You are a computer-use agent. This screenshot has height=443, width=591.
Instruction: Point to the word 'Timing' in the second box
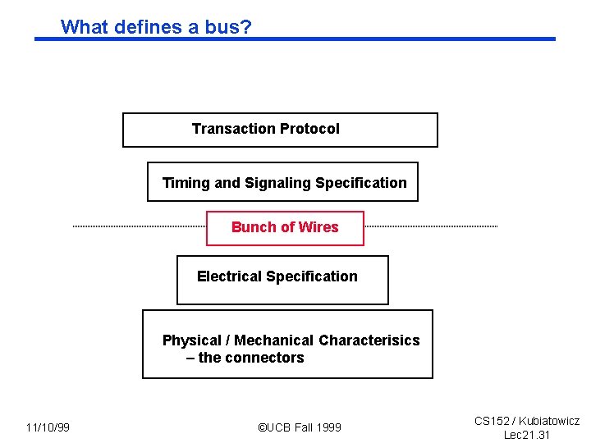pos(186,183)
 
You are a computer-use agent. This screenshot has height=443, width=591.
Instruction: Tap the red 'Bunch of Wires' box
pos(285,227)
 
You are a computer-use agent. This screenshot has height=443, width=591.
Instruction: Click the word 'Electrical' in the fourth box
pos(229,276)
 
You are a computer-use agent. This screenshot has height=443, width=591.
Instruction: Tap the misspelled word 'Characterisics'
pos(369,340)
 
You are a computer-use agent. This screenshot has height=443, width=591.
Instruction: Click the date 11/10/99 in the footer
pos(48,427)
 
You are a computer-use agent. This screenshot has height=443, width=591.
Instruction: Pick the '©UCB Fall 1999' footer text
pos(299,427)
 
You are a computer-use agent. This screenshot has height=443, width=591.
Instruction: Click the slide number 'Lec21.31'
pos(527,435)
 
